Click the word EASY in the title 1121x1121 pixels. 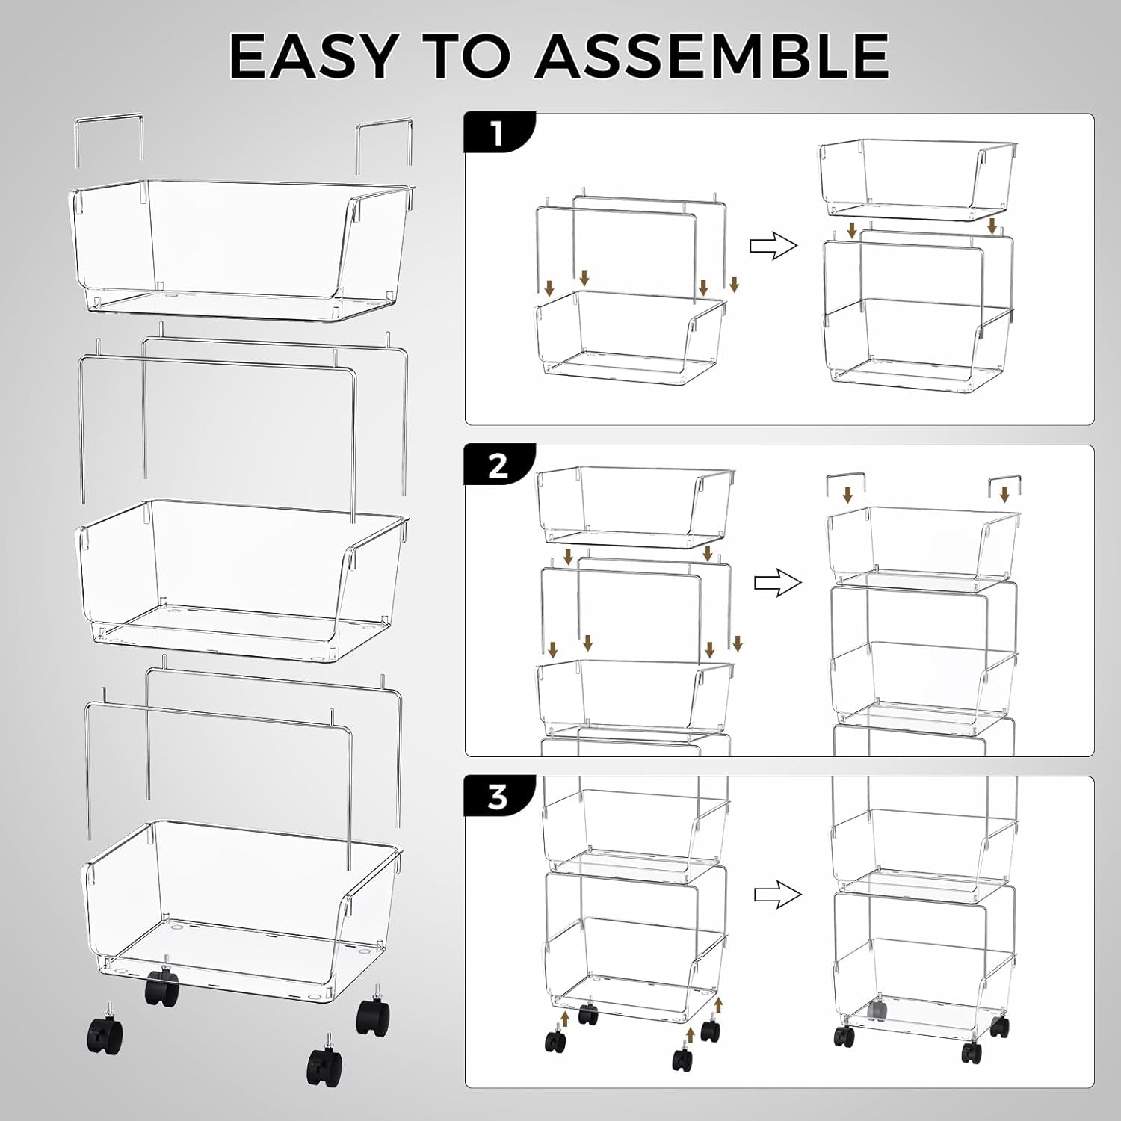click(312, 56)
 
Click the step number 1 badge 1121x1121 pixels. click(498, 135)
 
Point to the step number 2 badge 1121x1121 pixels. click(498, 466)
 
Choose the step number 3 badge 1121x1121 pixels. click(498, 797)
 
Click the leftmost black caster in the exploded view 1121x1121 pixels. click(105, 1031)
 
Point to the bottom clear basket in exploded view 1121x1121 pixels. click(239, 897)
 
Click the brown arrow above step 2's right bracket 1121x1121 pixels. click(1004, 494)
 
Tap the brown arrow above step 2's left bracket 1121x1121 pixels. click(847, 494)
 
